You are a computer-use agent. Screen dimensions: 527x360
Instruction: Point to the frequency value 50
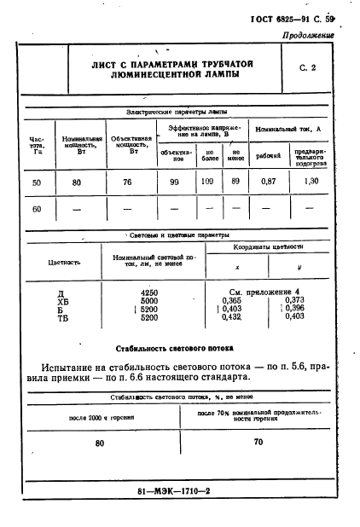pos(36,182)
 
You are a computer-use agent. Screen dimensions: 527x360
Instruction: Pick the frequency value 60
pos(36,207)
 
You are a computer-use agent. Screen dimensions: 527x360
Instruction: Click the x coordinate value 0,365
pos(231,300)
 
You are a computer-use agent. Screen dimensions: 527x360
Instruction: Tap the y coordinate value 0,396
pos(293,309)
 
